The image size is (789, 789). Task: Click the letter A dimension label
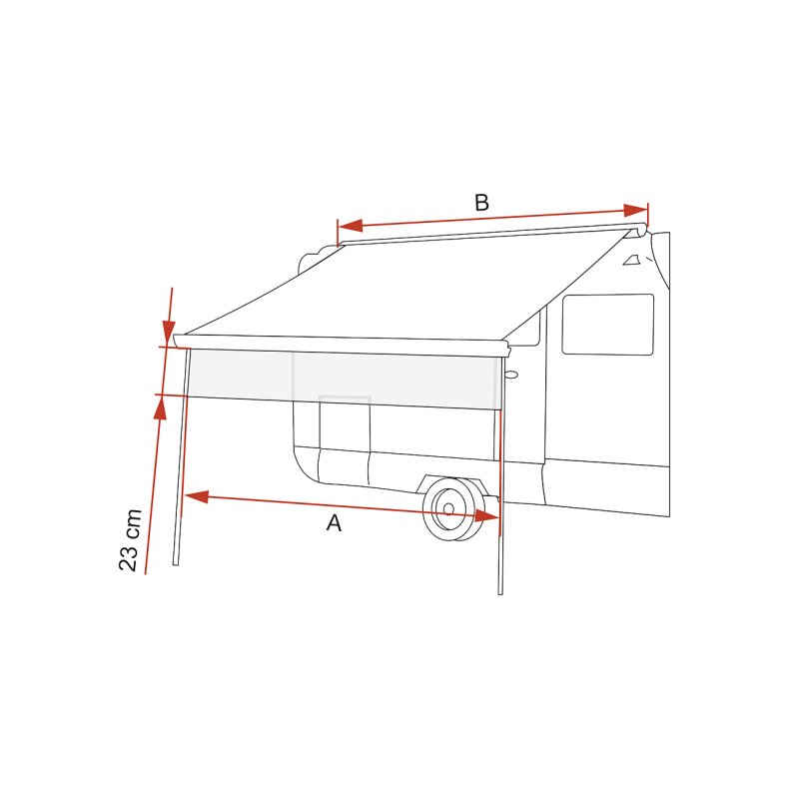[x=334, y=523]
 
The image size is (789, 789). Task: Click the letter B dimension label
[x=481, y=203]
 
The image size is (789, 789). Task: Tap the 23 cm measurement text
[x=130, y=539]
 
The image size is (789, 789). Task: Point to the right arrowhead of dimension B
[x=635, y=210]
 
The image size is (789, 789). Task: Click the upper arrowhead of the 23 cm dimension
[x=168, y=334]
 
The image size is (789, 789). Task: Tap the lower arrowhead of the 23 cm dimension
[x=160, y=407]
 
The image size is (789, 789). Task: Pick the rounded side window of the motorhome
[x=607, y=325]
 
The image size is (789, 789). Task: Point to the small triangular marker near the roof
[x=631, y=262]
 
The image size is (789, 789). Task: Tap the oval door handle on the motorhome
[x=511, y=376]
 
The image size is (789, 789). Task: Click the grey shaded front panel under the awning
[x=340, y=380]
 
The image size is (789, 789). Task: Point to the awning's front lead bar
[x=340, y=342]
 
